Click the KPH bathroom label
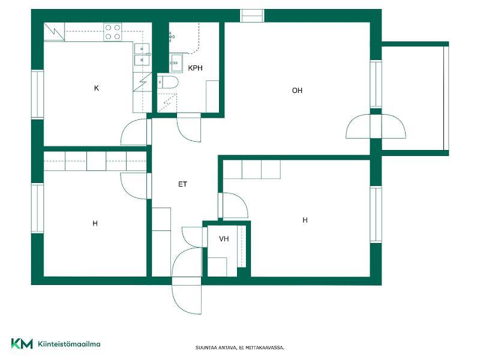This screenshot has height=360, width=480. (195, 68)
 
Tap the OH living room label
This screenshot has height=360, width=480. (297, 91)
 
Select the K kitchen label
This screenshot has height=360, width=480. (97, 88)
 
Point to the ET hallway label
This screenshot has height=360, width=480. (182, 184)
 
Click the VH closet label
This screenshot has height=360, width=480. (224, 238)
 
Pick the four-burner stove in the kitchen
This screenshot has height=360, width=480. (113, 32)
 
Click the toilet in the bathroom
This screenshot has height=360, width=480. (168, 82)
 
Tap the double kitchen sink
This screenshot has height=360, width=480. (142, 54)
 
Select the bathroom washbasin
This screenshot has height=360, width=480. (176, 63)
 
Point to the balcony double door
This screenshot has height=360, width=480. (376, 126)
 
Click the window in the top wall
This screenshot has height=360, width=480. (251, 16)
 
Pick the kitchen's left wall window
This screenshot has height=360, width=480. (38, 94)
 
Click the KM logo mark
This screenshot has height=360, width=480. (22, 343)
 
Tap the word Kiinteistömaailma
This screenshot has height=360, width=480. (69, 344)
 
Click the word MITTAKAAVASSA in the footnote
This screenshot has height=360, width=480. (265, 348)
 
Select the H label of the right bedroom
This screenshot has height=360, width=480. (305, 220)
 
